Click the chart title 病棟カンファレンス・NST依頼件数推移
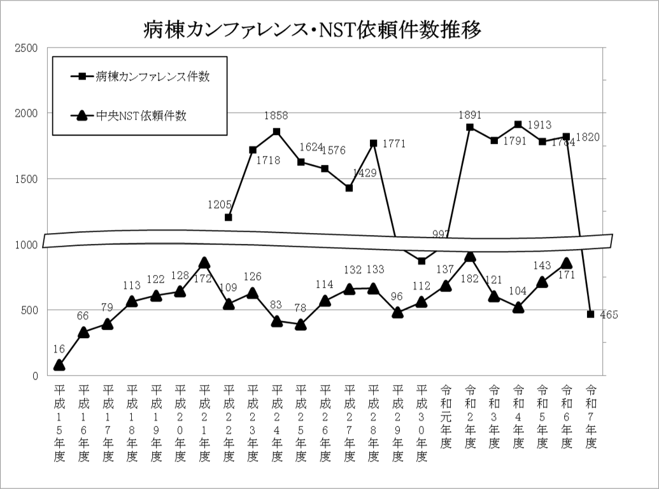pos(312,28)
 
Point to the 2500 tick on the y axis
pos(26,48)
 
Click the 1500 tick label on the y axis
pos(26,179)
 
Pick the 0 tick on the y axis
pos(35,376)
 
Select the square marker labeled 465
pos(590,314)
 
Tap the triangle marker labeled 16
pos(59,365)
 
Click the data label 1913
pos(539,125)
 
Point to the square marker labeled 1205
pos(229,217)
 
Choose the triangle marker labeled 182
pos(470,256)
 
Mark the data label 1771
pos(394,144)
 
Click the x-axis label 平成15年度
pos(59,423)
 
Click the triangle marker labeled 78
pos(301,325)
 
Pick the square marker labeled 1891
pos(470,127)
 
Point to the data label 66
pos(83,316)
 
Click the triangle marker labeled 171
pos(566,263)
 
